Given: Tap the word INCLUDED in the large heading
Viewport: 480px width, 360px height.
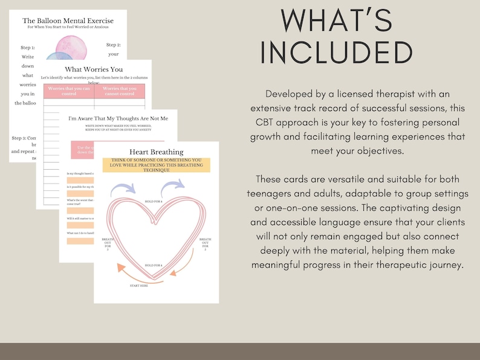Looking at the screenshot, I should (x=337, y=53).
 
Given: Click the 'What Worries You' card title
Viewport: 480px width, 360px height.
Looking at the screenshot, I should (x=93, y=69).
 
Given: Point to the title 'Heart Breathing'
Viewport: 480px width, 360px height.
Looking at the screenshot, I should (x=156, y=152).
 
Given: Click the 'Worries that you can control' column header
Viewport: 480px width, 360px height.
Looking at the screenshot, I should (x=67, y=91).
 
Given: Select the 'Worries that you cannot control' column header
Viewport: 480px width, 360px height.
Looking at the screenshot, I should (x=120, y=91).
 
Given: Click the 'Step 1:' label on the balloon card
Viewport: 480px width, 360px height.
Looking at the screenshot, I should (x=28, y=47).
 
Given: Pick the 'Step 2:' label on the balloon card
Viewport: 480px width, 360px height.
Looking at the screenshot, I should (x=114, y=44).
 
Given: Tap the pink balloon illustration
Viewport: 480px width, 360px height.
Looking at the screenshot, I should (x=71, y=47).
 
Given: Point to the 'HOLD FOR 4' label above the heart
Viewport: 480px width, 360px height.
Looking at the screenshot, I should (x=153, y=184).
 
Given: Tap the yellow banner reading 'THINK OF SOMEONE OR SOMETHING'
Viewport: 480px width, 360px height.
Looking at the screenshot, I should (x=156, y=164).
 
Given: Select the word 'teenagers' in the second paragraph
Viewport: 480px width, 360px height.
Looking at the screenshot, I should (x=273, y=193).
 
